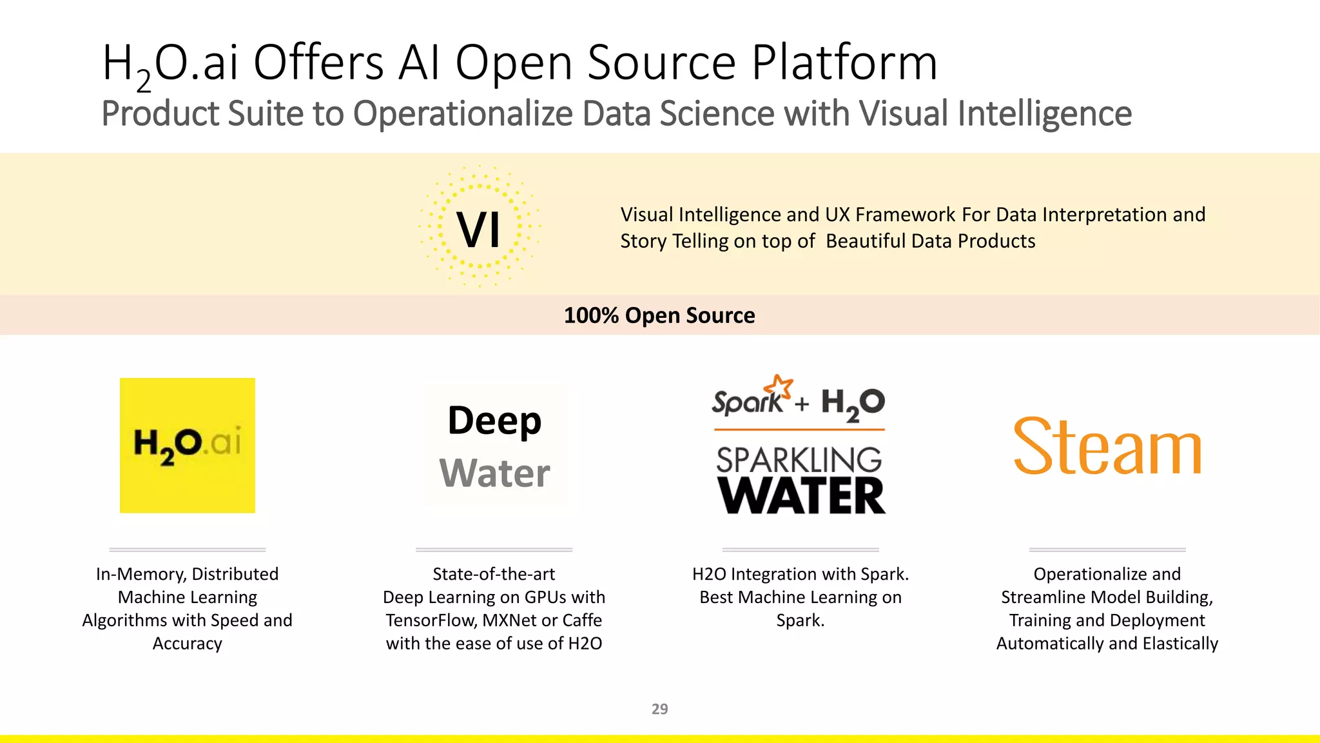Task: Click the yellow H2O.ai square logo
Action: point(187,445)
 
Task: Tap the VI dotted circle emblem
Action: point(479,227)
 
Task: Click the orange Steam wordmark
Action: point(1107,446)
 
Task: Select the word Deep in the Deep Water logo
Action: point(494,421)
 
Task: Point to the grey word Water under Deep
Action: point(494,473)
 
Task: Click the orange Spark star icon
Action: point(781,388)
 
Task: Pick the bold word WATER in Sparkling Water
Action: point(801,496)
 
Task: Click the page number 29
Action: point(659,709)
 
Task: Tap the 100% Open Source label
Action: point(659,315)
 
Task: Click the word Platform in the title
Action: point(844,63)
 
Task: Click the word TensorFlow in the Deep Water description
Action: point(431,620)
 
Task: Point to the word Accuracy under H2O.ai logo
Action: point(187,644)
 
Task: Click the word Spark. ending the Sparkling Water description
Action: point(801,620)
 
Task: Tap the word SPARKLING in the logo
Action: point(799,460)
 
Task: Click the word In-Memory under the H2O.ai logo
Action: point(141,574)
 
